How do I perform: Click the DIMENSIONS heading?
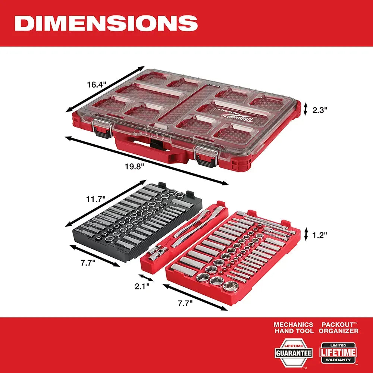coord(106,23)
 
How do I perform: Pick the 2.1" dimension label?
coord(142,286)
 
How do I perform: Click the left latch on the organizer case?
coord(102,129)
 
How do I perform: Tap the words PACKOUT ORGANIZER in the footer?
coord(338,328)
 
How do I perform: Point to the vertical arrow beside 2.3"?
coord(305,109)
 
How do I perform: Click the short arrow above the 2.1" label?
coord(146,278)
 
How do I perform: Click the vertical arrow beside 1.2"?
coord(305,235)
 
